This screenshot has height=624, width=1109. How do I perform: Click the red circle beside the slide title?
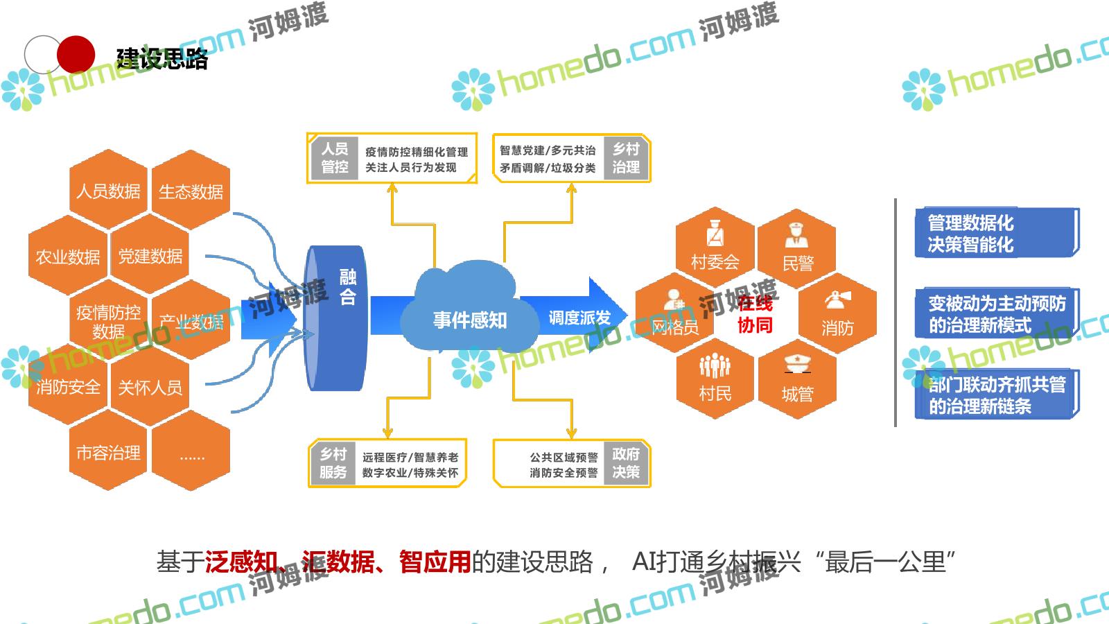click(x=76, y=54)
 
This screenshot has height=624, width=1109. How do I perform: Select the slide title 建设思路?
click(x=161, y=58)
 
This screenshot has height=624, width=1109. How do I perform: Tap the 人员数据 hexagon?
click(x=108, y=191)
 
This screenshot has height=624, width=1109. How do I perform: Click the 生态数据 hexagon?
click(x=191, y=191)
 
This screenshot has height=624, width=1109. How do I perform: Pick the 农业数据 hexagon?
click(x=68, y=257)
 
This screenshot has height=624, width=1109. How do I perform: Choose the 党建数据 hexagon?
click(x=150, y=256)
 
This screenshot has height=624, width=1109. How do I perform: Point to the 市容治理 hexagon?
click(x=108, y=452)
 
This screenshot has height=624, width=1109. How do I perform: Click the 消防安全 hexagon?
click(x=68, y=386)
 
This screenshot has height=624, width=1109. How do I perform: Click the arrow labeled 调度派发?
click(x=579, y=317)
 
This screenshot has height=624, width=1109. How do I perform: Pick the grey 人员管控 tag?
click(x=334, y=158)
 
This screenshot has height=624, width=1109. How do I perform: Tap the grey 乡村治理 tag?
click(x=626, y=158)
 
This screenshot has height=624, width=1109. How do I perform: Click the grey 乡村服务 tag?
click(x=333, y=463)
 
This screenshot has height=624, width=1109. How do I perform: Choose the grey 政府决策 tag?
click(x=626, y=463)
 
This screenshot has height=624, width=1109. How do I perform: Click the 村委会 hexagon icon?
click(x=715, y=234)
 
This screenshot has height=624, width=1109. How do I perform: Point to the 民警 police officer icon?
click(x=797, y=235)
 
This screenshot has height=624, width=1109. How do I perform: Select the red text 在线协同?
click(x=755, y=314)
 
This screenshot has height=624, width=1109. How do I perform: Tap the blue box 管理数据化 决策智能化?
click(x=995, y=233)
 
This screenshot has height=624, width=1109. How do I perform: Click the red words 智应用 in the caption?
click(x=435, y=562)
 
